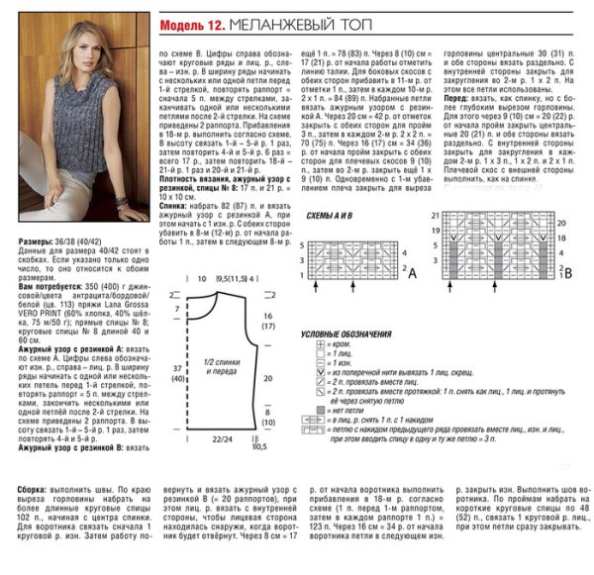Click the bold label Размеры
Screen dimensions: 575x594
pyautogui.click(x=35, y=240)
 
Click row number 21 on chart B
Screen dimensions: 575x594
pyautogui.click(x=434, y=215)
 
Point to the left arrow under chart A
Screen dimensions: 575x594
pyautogui.click(x=316, y=286)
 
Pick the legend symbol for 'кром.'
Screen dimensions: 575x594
pyautogui.click(x=312, y=344)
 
